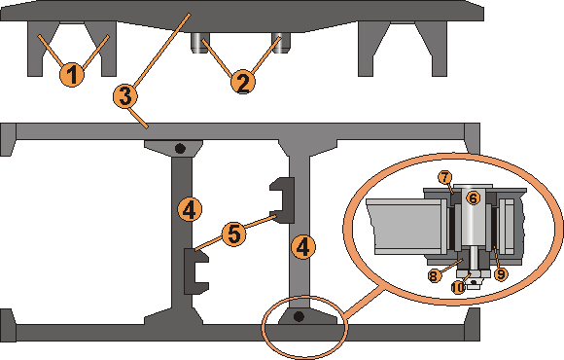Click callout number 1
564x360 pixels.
click(72, 75)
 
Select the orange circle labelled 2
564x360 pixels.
click(243, 82)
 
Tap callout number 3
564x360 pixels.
click(125, 96)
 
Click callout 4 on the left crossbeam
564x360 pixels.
click(190, 209)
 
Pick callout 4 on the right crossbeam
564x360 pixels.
click(303, 247)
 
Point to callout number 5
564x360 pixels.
click(233, 234)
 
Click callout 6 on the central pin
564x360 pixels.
click(473, 198)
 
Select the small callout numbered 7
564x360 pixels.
click(445, 177)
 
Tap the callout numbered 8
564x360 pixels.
click(435, 275)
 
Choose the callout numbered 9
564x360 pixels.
click(501, 274)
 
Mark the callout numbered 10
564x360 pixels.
click(458, 287)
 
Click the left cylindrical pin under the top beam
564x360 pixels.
click(197, 43)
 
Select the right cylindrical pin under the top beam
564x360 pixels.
click(281, 43)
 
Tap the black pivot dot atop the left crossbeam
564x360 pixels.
click(180, 148)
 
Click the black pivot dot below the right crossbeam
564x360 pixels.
click(299, 316)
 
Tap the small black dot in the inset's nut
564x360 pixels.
click(475, 283)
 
